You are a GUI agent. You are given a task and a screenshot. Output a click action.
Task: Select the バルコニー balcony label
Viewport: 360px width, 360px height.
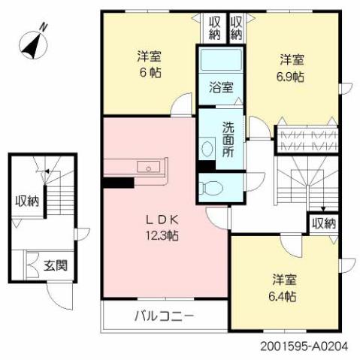pyautogui.click(x=165, y=316)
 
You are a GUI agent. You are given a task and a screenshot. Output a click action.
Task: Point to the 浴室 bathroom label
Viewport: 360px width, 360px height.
pyautogui.click(x=220, y=87)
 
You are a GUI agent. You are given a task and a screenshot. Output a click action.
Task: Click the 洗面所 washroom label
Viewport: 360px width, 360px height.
pyautogui.click(x=228, y=139)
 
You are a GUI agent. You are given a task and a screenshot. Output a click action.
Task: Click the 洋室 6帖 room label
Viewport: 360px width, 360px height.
pyautogui.click(x=149, y=65)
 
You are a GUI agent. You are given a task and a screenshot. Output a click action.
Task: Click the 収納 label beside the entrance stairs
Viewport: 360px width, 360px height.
pyautogui.click(x=27, y=201)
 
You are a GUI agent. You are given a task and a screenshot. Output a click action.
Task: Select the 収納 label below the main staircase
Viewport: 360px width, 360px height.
pyautogui.click(x=324, y=223)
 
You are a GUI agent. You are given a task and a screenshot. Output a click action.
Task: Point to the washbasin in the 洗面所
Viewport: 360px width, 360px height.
pyautogui.click(x=206, y=143)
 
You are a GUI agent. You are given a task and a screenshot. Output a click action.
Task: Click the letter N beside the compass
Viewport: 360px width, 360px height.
pyautogui.click(x=43, y=26)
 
